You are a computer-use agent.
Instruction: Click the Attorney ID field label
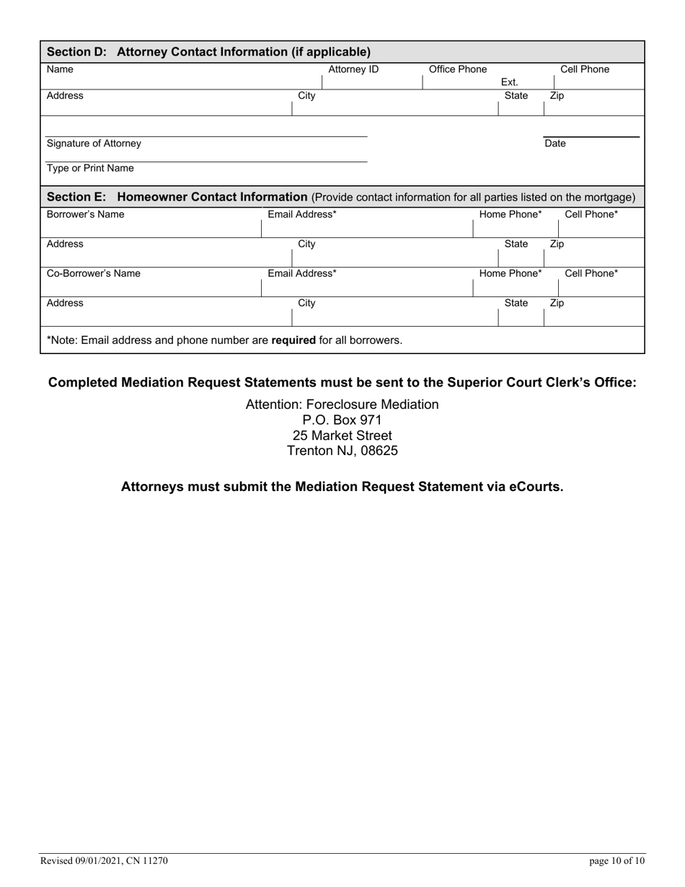coord(353,70)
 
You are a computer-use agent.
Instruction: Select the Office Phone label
coord(458,70)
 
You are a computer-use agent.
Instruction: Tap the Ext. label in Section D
coord(510,82)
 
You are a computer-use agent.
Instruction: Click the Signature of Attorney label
coord(94,144)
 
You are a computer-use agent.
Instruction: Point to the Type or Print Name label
coord(90,169)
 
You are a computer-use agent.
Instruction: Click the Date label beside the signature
coord(555,144)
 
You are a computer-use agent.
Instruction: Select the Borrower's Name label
coord(85,214)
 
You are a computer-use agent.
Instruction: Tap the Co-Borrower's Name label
coord(94,273)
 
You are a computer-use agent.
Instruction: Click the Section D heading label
coord(208,52)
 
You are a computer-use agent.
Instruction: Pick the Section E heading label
coord(177,197)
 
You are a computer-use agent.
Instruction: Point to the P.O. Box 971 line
coord(342,420)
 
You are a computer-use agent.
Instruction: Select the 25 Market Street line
coord(342,436)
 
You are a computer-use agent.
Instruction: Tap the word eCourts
coord(535,487)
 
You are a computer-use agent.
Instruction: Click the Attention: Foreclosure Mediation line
coord(342,405)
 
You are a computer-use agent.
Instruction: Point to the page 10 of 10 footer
coord(616,860)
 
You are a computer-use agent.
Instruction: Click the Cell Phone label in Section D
coord(585,70)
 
